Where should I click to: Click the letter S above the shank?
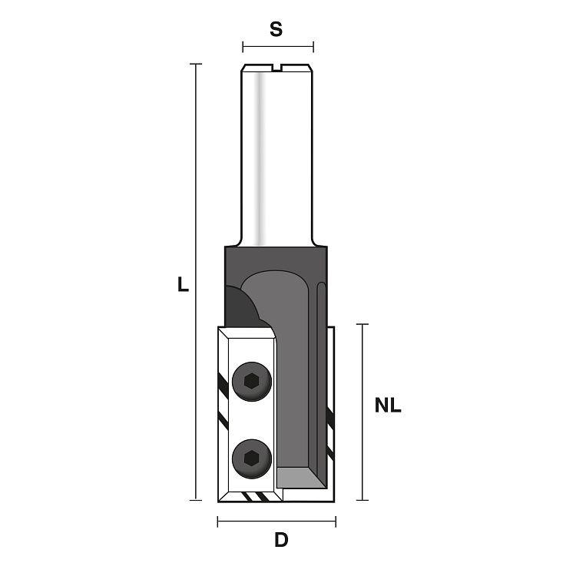(276, 29)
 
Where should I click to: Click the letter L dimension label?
(183, 284)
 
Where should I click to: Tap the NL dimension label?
(388, 406)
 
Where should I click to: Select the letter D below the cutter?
(281, 541)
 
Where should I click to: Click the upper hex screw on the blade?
(252, 381)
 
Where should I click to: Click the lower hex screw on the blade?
(252, 458)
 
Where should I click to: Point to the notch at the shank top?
(277, 67)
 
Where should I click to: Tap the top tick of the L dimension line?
(196, 64)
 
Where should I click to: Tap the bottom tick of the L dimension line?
(196, 500)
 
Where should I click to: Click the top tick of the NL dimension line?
(362, 324)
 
